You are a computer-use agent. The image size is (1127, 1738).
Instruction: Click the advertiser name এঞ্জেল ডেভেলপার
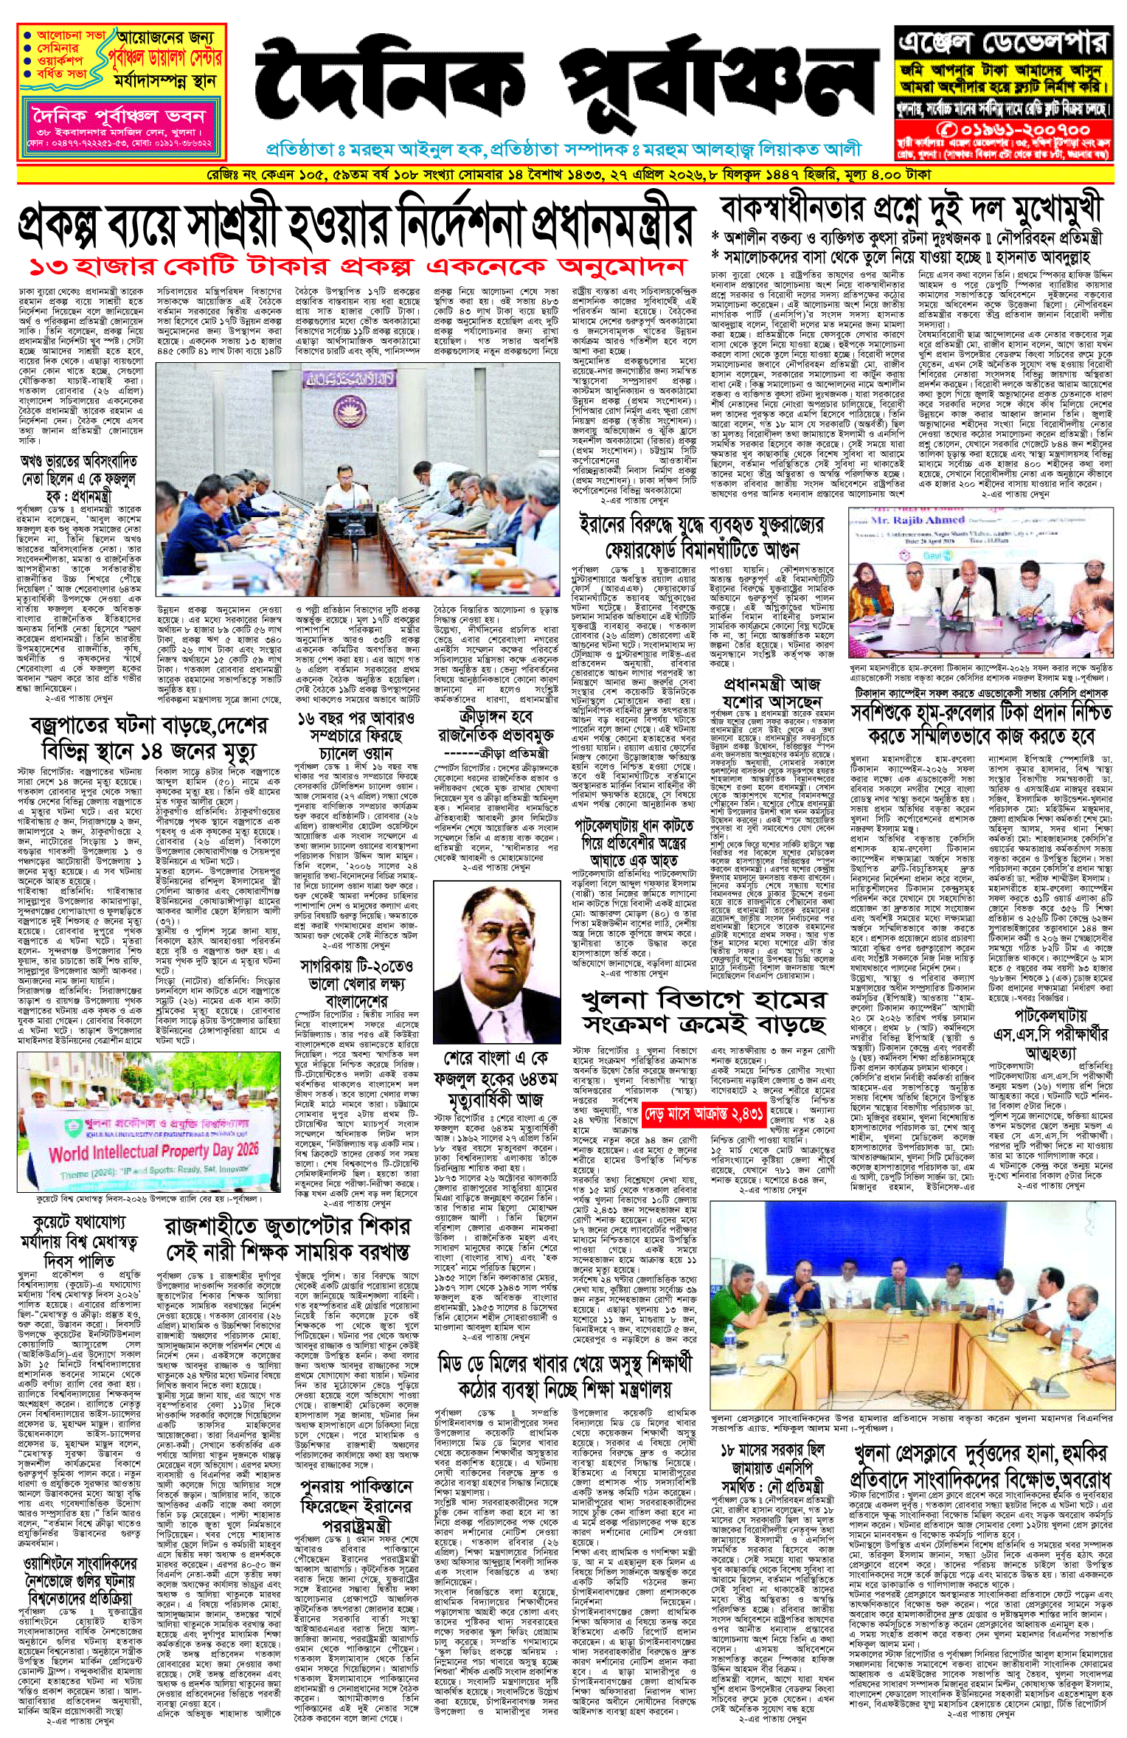(1003, 43)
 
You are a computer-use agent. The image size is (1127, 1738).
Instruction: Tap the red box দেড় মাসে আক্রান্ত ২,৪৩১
(703, 1113)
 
